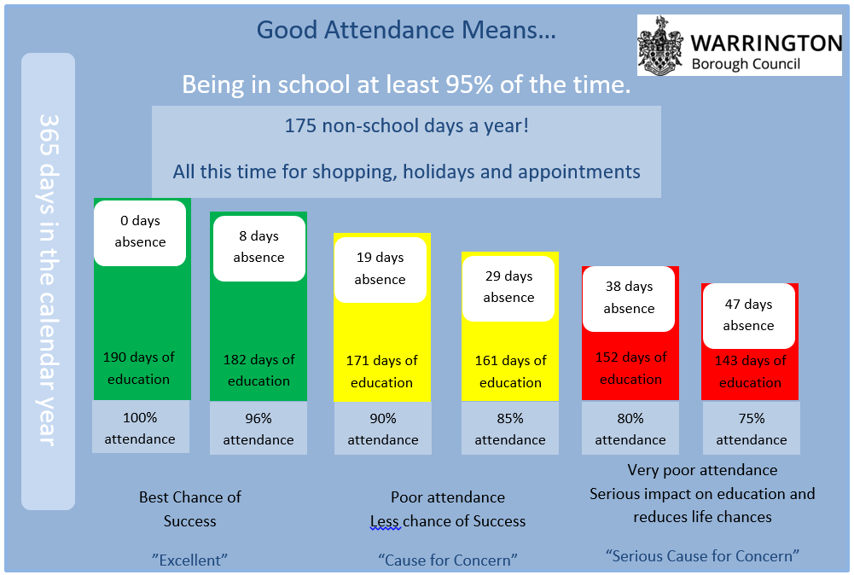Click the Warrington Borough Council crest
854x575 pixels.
click(x=661, y=45)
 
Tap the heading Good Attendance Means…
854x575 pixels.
click(x=406, y=31)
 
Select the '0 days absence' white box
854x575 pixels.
click(x=140, y=232)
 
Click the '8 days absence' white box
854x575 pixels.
click(x=259, y=247)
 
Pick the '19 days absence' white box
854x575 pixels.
click(x=381, y=269)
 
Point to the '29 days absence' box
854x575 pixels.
click(x=508, y=287)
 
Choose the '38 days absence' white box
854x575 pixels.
click(x=629, y=298)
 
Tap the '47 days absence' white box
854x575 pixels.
click(x=748, y=316)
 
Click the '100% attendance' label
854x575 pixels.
click(x=140, y=428)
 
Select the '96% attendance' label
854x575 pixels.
click(x=259, y=429)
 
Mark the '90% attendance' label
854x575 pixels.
click(x=383, y=429)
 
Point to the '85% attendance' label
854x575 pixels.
click(x=510, y=429)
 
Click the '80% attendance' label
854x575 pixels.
click(x=630, y=429)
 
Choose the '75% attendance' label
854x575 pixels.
click(x=752, y=429)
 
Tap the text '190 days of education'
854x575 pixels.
click(x=139, y=368)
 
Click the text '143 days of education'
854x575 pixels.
click(x=751, y=371)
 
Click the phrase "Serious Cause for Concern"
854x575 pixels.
click(x=702, y=555)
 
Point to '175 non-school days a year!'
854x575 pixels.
click(x=406, y=126)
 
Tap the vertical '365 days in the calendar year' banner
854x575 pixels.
click(x=48, y=281)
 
